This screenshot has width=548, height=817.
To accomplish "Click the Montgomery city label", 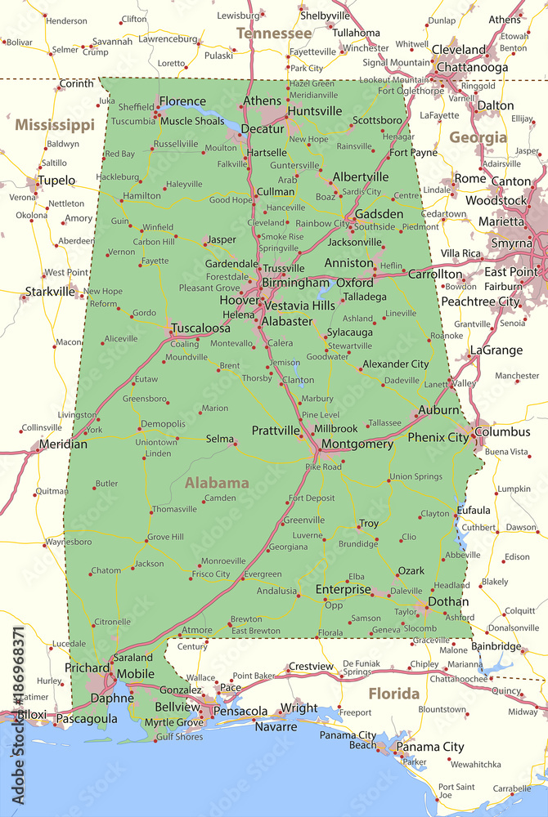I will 357,444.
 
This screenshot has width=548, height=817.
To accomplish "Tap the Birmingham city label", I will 295,283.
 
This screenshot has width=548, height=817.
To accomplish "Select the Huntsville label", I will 314,111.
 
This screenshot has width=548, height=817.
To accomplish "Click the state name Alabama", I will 217,483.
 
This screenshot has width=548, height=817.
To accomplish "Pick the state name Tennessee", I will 274,33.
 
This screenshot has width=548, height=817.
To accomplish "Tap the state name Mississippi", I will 55,125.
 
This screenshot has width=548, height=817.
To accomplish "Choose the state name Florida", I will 393,694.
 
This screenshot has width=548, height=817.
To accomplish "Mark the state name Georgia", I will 478,137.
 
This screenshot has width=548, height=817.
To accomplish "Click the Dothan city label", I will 448,602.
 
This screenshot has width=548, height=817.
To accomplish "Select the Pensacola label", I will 240,712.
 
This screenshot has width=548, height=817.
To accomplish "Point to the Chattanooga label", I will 473,67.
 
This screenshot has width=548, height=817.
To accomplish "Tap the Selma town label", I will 219,439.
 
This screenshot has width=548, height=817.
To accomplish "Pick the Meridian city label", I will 64,444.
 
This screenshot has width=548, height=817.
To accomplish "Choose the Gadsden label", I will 379,213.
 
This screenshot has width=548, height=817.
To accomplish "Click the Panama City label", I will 430,747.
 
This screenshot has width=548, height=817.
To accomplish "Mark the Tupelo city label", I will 56,180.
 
